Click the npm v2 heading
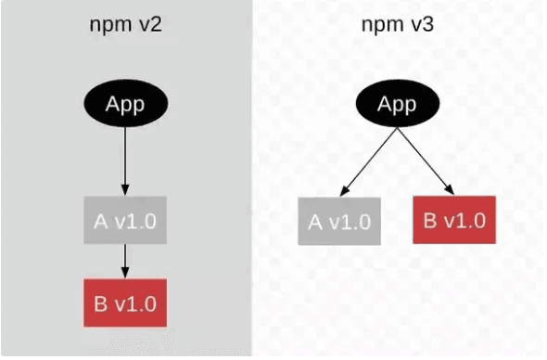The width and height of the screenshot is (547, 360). pyautogui.click(x=124, y=24)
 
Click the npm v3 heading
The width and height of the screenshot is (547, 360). pyautogui.click(x=398, y=24)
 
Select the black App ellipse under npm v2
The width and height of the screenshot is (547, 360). pyautogui.click(x=124, y=103)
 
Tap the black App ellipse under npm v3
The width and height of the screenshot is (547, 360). pyautogui.click(x=397, y=103)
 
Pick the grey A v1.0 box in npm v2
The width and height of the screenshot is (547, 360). pyautogui.click(x=124, y=220)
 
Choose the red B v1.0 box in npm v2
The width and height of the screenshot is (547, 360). pyautogui.click(x=124, y=302)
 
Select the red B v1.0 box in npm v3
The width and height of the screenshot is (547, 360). pyautogui.click(x=455, y=221)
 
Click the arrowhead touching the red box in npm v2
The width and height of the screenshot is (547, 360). pyautogui.click(x=124, y=273)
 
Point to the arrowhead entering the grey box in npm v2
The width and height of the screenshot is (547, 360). pyautogui.click(x=124, y=190)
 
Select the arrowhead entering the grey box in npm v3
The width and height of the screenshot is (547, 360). pyautogui.click(x=343, y=191)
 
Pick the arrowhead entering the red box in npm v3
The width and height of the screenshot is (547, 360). pyautogui.click(x=451, y=191)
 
